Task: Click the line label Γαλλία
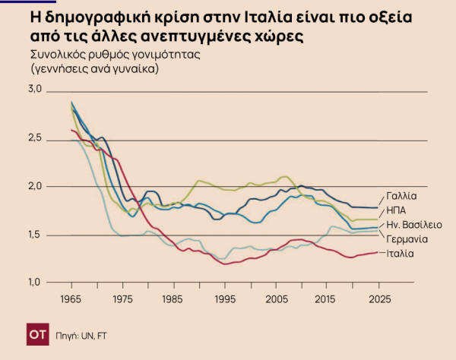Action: click(401, 195)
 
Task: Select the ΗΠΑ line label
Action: click(396, 209)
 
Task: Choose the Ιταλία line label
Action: click(400, 253)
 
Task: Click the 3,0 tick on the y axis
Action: click(35, 90)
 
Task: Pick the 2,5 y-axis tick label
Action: click(35, 138)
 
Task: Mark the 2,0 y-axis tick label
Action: click(35, 186)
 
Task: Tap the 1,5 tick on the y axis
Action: click(35, 235)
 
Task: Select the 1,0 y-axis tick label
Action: click(35, 283)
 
